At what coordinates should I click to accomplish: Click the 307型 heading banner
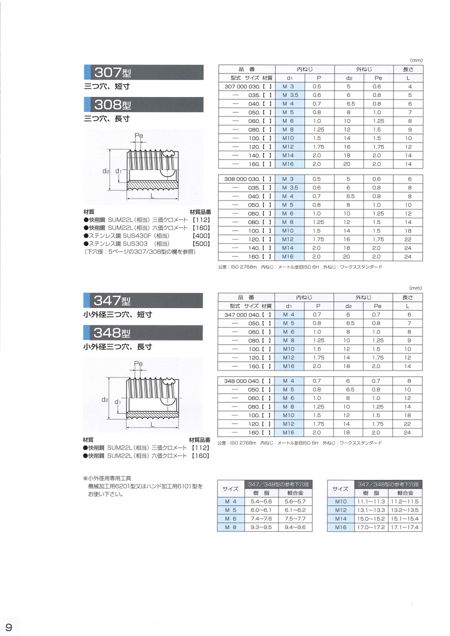pyautogui.click(x=143, y=72)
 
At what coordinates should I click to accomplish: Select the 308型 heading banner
pyautogui.click(x=143, y=104)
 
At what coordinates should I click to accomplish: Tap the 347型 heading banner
pyautogui.click(x=143, y=300)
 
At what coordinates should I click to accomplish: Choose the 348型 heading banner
pyautogui.click(x=143, y=332)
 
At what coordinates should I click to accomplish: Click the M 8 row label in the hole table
pyautogui.click(x=230, y=527)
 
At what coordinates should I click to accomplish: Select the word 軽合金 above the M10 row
pyautogui.click(x=404, y=493)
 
